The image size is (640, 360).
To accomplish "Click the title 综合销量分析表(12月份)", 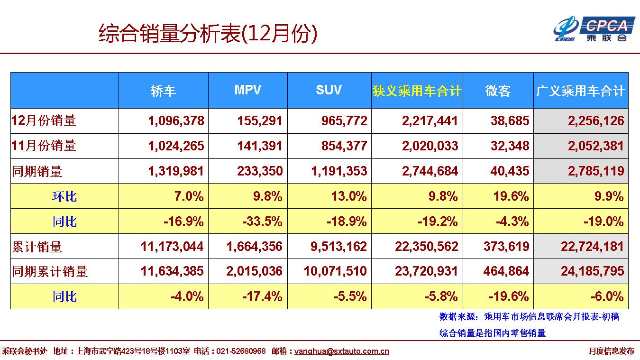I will click(208, 34).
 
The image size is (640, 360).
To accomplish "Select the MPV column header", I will click(247, 90).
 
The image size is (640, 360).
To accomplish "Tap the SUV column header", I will click(329, 90).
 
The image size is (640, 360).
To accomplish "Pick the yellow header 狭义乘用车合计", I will click(417, 91).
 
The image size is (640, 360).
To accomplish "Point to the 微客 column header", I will click(498, 91).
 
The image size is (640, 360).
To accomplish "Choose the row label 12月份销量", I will click(44, 120).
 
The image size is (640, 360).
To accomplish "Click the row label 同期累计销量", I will click(50, 272).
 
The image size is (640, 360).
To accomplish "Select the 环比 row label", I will click(64, 196).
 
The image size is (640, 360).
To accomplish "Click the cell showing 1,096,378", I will click(176, 121).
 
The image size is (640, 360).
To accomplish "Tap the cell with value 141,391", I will click(260, 146).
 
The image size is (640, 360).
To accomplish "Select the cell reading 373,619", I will click(506, 247).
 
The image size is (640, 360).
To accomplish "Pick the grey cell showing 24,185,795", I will click(593, 272).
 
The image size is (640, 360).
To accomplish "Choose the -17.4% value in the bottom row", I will click(262, 297).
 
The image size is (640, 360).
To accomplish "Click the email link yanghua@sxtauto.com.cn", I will click(341, 351).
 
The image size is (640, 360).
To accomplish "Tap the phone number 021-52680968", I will click(241, 351).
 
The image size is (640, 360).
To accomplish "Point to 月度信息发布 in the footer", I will click(611, 351).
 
